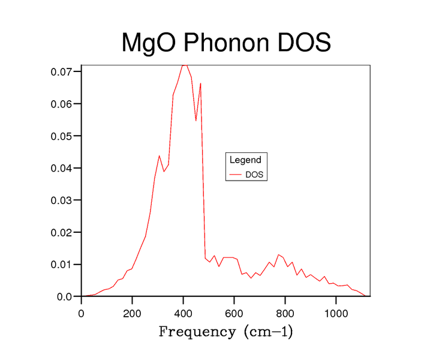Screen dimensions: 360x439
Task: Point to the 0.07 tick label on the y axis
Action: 62,71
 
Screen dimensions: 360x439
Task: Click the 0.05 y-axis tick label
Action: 62,136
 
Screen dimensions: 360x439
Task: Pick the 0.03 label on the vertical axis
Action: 62,200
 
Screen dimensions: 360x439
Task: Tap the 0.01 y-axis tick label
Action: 62,264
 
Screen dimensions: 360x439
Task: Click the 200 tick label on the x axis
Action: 133,312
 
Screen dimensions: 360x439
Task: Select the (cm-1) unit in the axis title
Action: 268,332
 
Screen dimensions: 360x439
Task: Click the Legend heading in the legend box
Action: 245,160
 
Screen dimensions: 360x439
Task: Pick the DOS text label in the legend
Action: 254,175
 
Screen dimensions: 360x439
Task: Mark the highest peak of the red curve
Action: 185,65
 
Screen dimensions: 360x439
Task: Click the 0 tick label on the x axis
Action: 82,312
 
